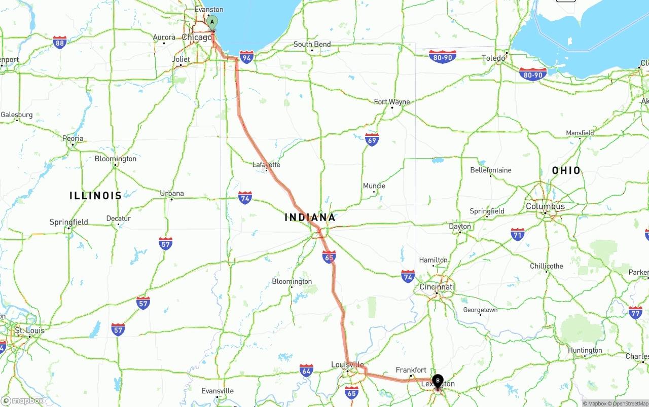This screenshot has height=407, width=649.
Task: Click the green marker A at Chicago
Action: click(212, 22)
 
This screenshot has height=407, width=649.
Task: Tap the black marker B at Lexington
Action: click(438, 381)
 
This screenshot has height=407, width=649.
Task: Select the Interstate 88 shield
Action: click(60, 42)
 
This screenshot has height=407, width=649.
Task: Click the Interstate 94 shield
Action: click(247, 56)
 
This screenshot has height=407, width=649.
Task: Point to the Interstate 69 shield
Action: click(372, 139)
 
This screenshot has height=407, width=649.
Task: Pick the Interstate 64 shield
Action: click(306, 371)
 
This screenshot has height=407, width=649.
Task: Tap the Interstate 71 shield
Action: click(517, 234)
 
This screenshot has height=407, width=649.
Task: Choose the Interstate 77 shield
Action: click(635, 312)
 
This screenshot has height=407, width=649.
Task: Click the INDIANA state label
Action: click(310, 217)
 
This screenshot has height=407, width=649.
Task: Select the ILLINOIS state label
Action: click(96, 196)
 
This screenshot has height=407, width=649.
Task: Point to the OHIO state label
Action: click(566, 170)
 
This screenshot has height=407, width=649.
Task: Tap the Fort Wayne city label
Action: click(392, 102)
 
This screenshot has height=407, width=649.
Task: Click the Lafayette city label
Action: click(266, 165)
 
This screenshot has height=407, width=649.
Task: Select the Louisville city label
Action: click(347, 364)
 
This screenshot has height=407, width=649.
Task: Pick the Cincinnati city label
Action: click(437, 287)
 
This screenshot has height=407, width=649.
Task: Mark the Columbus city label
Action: click(545, 206)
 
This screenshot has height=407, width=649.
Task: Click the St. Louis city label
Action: click(29, 330)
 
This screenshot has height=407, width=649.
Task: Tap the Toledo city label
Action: click(493, 58)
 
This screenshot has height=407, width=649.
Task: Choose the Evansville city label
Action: click(218, 391)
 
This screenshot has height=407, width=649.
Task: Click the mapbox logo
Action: click(22, 401)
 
